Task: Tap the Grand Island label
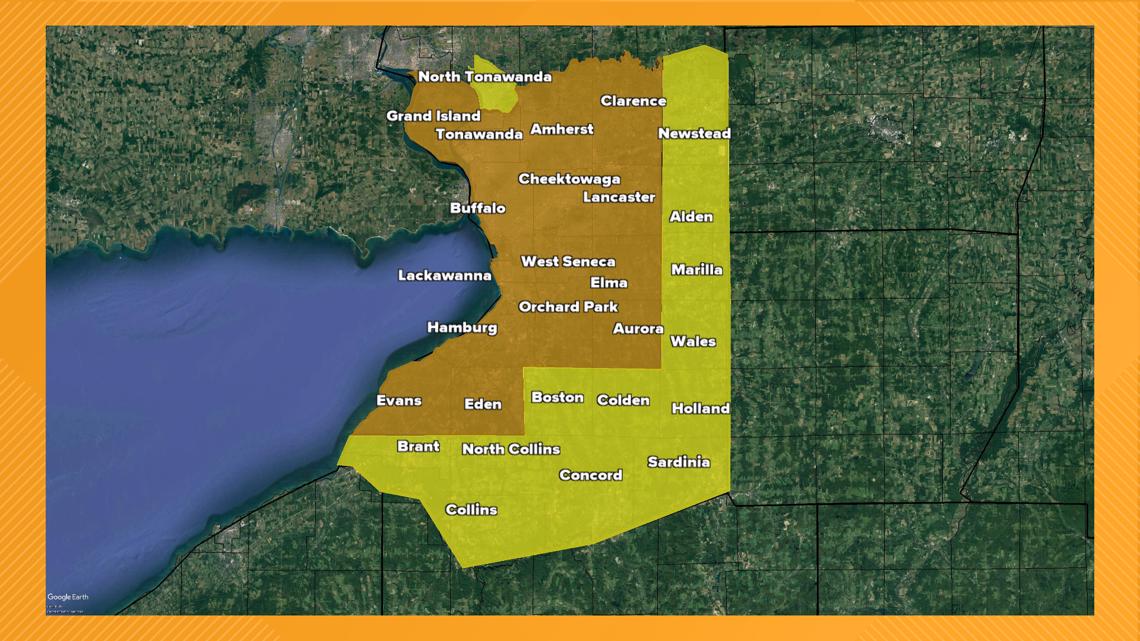(x=433, y=116)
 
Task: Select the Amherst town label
(x=561, y=129)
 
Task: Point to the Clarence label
(x=632, y=101)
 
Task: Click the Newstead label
(x=694, y=134)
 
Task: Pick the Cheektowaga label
(x=569, y=179)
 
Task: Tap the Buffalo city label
(x=477, y=208)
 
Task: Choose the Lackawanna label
(x=444, y=275)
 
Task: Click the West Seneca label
(x=568, y=262)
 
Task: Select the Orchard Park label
(x=568, y=307)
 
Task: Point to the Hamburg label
(x=461, y=327)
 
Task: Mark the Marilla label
(x=696, y=270)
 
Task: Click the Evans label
(x=398, y=401)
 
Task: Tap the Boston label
(x=557, y=398)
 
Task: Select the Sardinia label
(x=678, y=462)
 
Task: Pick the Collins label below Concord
(x=470, y=510)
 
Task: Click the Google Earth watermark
(x=67, y=598)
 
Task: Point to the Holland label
(x=700, y=408)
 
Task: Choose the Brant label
(x=417, y=446)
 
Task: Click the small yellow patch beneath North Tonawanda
(x=496, y=96)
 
